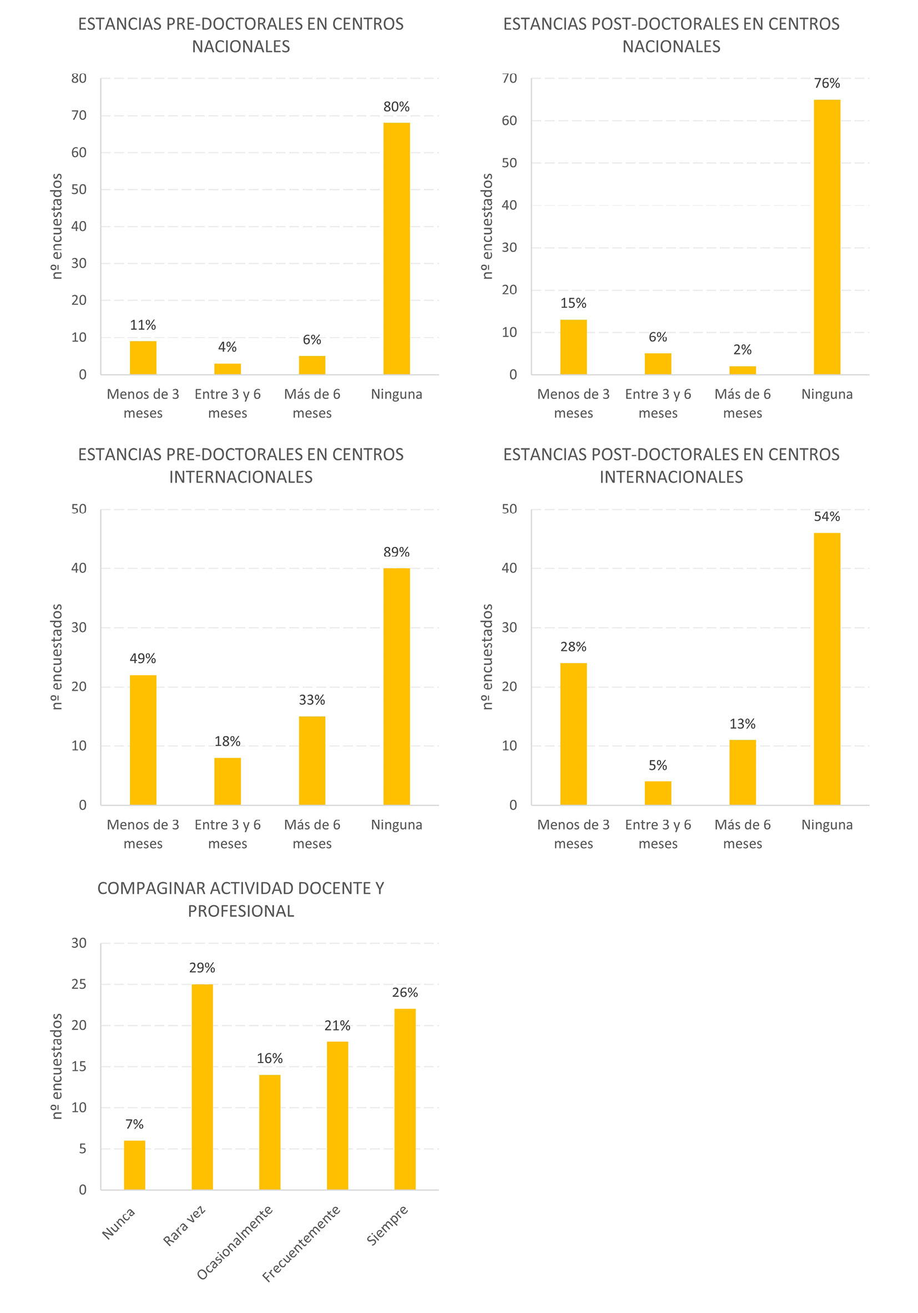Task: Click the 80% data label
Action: click(396, 107)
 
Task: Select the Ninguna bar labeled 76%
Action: click(826, 237)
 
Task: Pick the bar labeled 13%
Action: click(742, 772)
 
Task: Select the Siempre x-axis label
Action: click(387, 1225)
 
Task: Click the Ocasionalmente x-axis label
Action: click(235, 1242)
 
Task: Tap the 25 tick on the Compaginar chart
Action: click(79, 984)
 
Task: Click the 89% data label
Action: click(396, 553)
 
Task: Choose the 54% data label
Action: click(826, 517)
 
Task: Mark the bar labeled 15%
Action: click(573, 347)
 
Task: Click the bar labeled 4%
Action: click(228, 369)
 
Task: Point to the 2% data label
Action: click(742, 350)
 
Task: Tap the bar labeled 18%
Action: click(228, 781)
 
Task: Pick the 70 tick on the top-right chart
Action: click(510, 78)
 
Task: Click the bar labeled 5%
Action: click(657, 793)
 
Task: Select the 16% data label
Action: click(269, 1059)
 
